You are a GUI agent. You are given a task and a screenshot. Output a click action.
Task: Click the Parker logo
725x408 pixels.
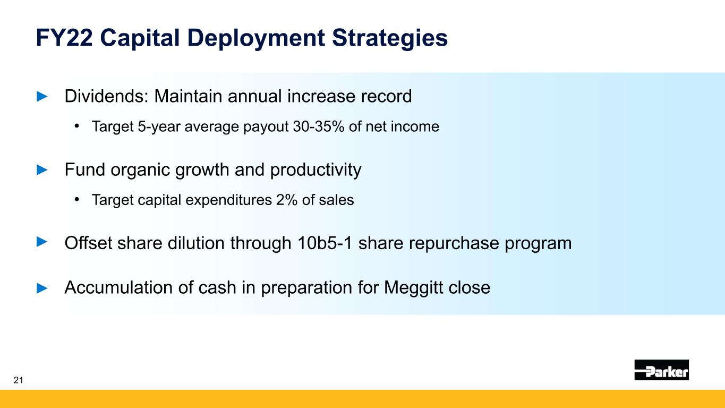click(661, 370)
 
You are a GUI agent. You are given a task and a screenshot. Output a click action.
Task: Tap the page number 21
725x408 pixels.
click(19, 380)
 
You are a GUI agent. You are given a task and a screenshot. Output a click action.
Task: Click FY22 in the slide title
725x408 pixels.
click(64, 38)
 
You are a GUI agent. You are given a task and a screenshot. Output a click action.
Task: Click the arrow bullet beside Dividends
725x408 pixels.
click(42, 96)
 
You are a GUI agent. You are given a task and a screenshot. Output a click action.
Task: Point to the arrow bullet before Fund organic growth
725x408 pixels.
click(42, 169)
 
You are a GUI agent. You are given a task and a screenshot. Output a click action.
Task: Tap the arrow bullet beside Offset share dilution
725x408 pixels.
click(42, 242)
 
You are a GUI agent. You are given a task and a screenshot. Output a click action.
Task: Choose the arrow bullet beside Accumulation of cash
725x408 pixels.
click(42, 287)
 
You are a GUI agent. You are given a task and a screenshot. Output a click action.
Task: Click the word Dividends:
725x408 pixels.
click(106, 96)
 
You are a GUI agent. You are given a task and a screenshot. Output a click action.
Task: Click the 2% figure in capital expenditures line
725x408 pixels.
click(287, 200)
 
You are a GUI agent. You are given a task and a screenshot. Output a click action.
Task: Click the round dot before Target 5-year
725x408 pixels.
click(76, 126)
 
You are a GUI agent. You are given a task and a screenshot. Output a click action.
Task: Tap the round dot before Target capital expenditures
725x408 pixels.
click(76, 199)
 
